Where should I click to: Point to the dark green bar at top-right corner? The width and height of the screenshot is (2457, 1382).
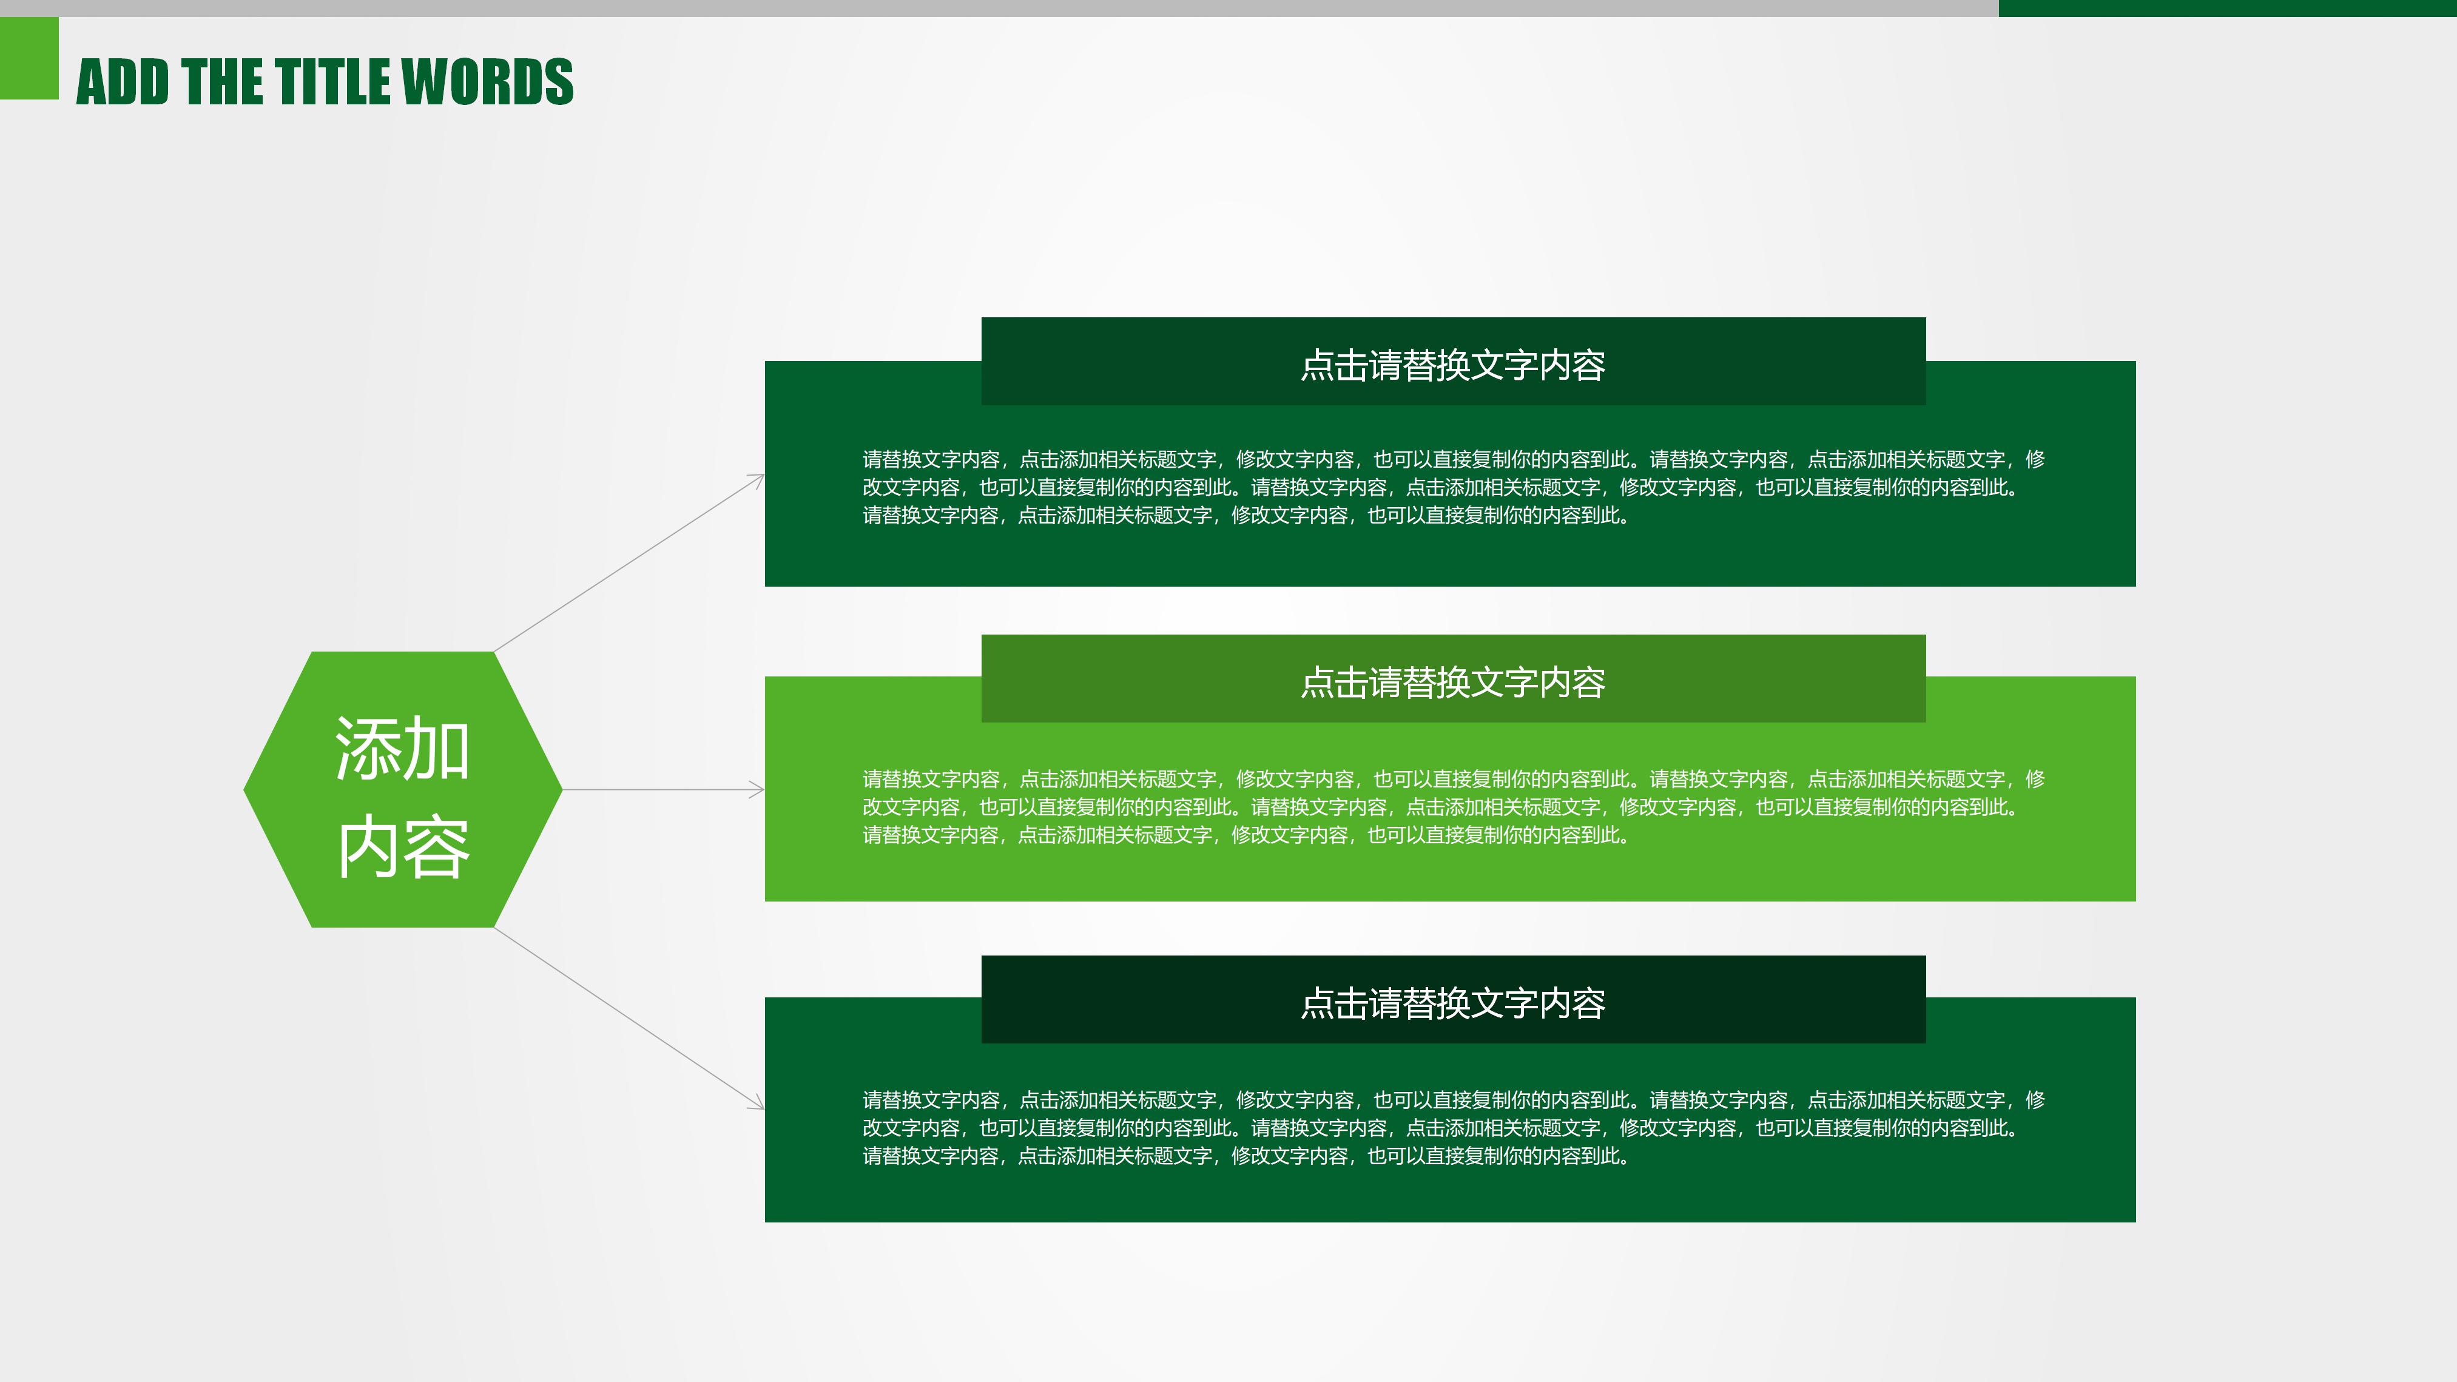[2227, 8]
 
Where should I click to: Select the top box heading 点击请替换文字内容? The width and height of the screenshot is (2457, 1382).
[1452, 365]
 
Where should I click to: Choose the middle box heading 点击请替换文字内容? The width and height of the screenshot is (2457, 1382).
[1452, 682]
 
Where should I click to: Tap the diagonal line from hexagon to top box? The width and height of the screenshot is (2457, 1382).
[630, 563]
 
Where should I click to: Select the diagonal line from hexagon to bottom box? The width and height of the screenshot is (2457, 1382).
[630, 1017]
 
